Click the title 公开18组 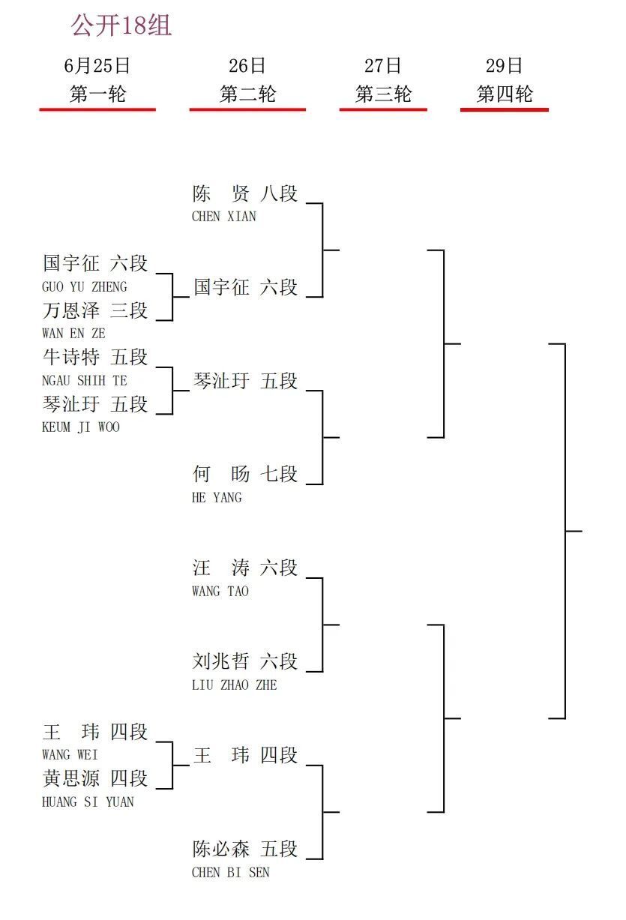click(121, 25)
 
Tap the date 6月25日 click(97, 66)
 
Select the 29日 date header click(504, 66)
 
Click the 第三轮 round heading click(383, 94)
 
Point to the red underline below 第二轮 click(247, 109)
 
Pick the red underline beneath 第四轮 click(505, 109)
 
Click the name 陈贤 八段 click(245, 193)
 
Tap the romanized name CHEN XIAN click(224, 217)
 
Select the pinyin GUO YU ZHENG click(85, 286)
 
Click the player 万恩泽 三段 click(95, 310)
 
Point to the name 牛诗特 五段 click(95, 357)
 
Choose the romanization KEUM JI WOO click(81, 427)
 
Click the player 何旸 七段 click(245, 474)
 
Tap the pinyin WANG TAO click(220, 592)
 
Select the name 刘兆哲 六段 click(245, 661)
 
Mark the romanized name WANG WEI click(70, 755)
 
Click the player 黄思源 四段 click(95, 779)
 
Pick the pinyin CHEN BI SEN click(230, 872)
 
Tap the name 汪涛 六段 click(245, 568)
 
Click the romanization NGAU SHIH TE click(85, 380)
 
